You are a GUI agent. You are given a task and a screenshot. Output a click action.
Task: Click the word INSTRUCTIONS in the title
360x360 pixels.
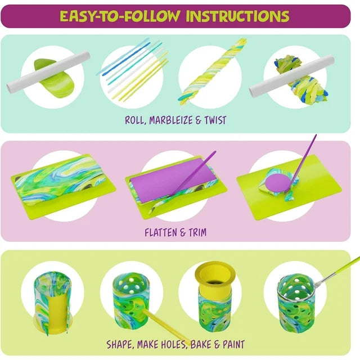coord(237,16)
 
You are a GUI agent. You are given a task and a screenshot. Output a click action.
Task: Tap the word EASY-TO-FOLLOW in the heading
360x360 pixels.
coord(120,16)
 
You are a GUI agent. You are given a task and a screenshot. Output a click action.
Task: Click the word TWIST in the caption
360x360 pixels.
coord(215,120)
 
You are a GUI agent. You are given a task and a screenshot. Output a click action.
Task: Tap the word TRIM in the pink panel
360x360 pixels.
coord(197,232)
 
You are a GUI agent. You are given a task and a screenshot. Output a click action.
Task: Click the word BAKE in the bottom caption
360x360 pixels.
coord(201,344)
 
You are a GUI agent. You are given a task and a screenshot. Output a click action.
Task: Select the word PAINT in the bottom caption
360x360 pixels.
coord(234,344)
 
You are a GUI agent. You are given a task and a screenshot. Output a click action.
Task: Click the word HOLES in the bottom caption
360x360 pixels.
coord(174,345)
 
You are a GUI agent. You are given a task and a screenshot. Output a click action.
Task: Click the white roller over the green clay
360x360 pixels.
coord(48,71)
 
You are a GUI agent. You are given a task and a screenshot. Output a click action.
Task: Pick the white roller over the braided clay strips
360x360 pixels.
coord(291,76)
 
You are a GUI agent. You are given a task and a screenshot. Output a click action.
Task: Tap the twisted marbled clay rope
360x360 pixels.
coord(213,72)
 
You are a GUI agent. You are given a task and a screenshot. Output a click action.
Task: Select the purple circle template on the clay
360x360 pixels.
coord(278,182)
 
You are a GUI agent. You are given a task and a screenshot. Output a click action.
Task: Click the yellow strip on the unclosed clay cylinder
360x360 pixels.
coord(57,312)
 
